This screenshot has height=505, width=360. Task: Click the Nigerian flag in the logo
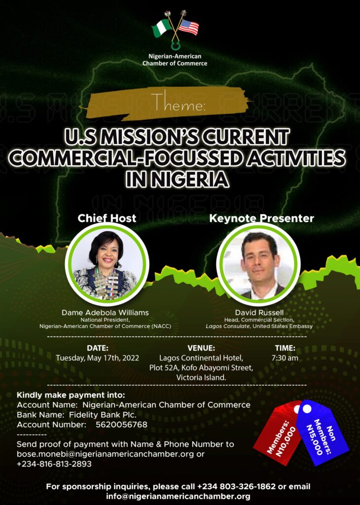162,28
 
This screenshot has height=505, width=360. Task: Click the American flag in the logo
189,27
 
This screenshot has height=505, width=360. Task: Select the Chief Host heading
107,218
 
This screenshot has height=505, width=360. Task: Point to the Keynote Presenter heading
261,218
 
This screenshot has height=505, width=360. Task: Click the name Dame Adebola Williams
106,312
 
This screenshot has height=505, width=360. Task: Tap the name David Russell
259,312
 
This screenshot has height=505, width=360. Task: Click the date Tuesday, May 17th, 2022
98,358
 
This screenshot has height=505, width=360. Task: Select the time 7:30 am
285,358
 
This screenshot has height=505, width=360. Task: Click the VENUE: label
201,348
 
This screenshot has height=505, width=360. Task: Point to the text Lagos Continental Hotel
201,358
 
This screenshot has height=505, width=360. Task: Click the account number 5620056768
121,425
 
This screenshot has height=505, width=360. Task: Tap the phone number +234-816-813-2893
54,464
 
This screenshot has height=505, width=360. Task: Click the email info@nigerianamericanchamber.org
178,496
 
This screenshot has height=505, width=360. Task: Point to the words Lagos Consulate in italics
228,326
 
